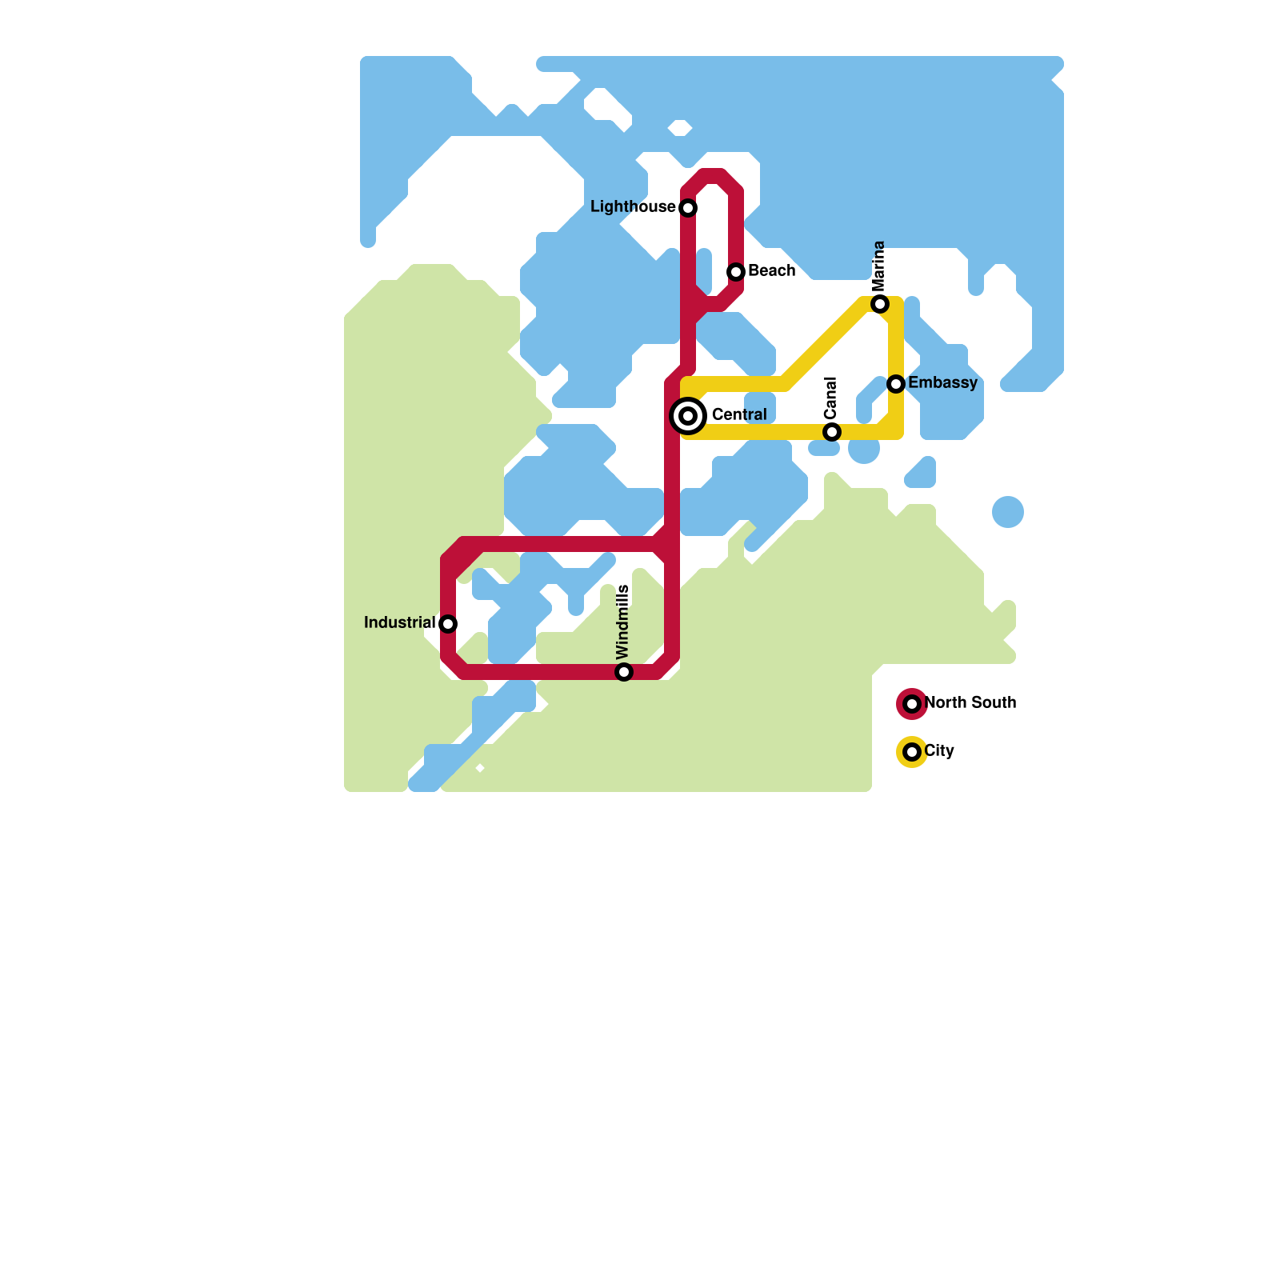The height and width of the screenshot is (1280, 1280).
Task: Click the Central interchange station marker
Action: click(x=688, y=416)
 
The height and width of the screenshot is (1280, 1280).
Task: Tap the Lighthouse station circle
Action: click(x=688, y=208)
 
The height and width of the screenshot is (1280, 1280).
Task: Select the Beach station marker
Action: click(x=736, y=272)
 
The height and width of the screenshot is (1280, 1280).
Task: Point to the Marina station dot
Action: click(x=880, y=304)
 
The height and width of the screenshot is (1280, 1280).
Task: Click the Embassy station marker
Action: click(x=896, y=384)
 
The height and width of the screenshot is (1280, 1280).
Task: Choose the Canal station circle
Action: click(x=832, y=432)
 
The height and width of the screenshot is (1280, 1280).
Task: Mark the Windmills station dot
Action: click(x=624, y=672)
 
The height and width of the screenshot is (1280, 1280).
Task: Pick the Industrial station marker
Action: click(x=448, y=624)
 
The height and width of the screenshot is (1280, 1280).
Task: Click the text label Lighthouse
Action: click(x=633, y=207)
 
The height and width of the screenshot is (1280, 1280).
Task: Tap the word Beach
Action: click(x=771, y=270)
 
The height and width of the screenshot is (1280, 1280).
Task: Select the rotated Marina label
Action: click(x=879, y=266)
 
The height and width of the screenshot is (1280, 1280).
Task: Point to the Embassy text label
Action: click(x=942, y=382)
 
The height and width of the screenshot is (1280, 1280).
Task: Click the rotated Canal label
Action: click(x=830, y=398)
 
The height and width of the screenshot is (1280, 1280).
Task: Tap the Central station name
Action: click(x=738, y=414)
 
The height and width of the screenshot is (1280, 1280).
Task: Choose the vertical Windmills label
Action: click(x=623, y=622)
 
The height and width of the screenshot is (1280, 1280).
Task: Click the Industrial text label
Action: click(x=399, y=622)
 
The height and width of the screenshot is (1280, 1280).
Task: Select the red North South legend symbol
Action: click(x=912, y=704)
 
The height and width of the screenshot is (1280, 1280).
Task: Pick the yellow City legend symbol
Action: click(x=912, y=752)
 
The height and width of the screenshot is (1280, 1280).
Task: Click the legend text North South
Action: click(x=970, y=702)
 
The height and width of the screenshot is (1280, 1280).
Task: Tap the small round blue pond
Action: click(x=1008, y=512)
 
